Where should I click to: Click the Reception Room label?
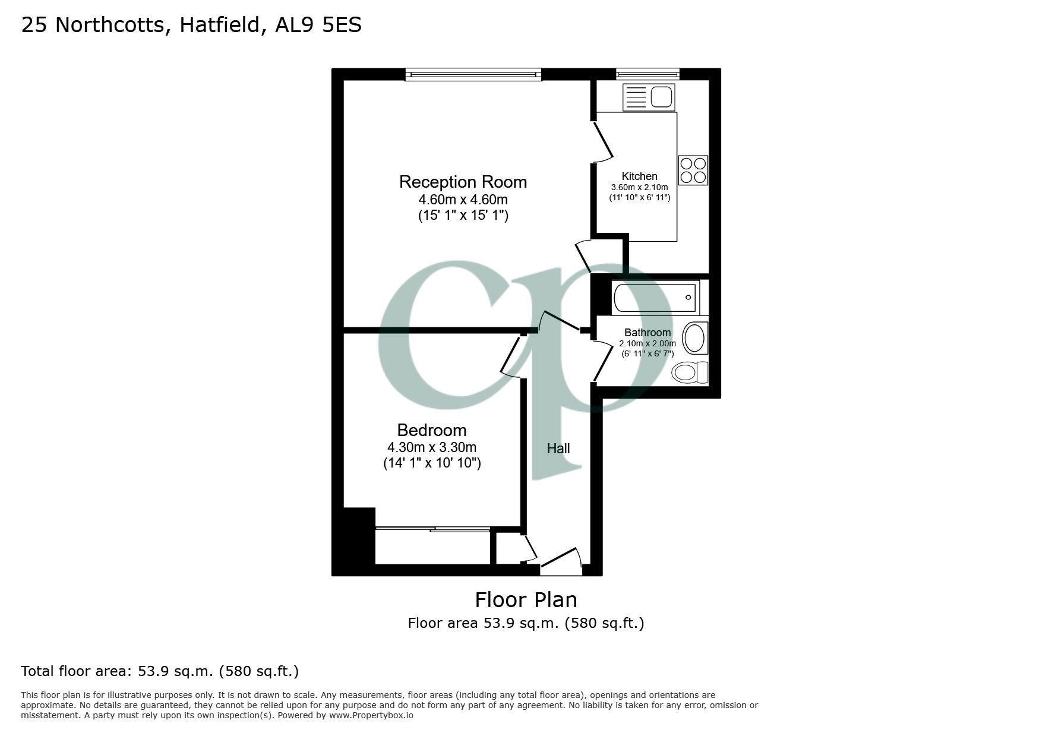[x=463, y=182]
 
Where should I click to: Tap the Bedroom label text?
[x=432, y=430]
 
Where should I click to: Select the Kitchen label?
[x=639, y=176]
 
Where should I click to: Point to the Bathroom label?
[x=647, y=333]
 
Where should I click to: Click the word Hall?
[x=558, y=449]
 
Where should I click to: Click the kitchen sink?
[x=649, y=97]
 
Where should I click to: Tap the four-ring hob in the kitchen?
[x=693, y=170]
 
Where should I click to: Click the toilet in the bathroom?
[x=690, y=372]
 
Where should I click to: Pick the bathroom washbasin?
[x=694, y=339]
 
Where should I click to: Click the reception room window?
[x=473, y=74]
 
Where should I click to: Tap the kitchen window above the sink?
[x=647, y=74]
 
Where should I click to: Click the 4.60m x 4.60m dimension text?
[x=463, y=199]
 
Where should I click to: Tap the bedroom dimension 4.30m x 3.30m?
[x=432, y=447]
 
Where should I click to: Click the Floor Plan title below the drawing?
[x=526, y=600]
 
